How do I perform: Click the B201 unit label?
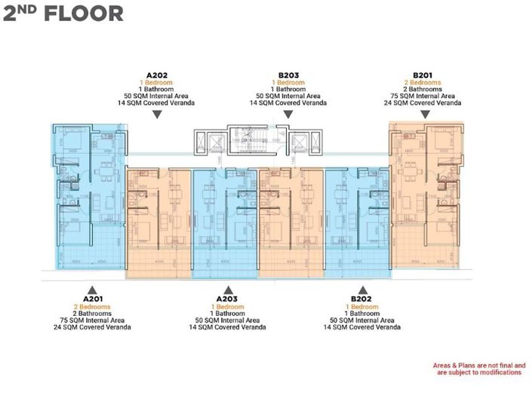[x=425, y=75]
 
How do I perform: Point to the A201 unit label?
[x=92, y=299]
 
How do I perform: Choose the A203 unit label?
[x=227, y=299]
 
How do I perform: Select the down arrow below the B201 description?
[x=425, y=115]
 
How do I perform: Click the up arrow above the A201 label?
[x=92, y=289]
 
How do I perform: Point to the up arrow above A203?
[x=227, y=289]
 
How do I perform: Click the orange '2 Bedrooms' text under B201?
[x=425, y=82]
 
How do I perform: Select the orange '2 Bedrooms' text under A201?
[x=92, y=307]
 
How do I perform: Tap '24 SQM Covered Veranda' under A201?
[x=92, y=327]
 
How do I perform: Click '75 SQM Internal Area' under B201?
[x=425, y=96]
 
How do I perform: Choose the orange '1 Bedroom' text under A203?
[x=227, y=307]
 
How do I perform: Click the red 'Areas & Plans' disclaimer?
[x=478, y=369]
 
